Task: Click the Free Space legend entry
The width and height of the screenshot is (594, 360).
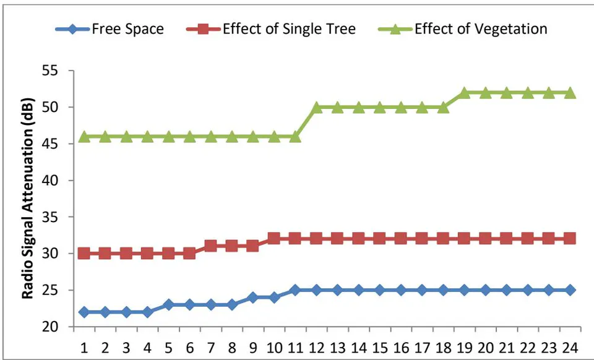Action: [x=110, y=29]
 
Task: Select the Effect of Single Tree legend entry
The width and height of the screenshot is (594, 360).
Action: [x=271, y=29]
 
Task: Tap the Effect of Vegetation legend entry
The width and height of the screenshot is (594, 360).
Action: [x=463, y=29]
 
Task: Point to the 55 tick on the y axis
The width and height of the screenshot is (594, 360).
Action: [x=49, y=71]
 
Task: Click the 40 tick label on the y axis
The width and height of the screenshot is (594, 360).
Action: [x=49, y=181]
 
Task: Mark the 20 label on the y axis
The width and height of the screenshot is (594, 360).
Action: [x=49, y=327]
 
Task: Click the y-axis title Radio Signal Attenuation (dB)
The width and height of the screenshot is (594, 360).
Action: [x=28, y=199]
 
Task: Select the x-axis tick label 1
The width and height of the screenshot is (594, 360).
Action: [x=84, y=348]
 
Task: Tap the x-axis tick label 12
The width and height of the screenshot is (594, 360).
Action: [x=316, y=348]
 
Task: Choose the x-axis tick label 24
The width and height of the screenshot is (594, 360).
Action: [x=570, y=348]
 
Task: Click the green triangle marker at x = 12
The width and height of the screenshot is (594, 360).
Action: [x=316, y=107]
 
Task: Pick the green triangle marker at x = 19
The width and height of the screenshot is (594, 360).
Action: [x=464, y=93]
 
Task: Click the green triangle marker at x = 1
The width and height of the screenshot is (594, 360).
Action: [x=84, y=137]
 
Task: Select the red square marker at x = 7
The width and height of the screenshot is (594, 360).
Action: [x=211, y=246]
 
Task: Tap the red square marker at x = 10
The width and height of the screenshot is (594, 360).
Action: [x=274, y=239]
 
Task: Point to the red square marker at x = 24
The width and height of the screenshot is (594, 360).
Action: [x=570, y=239]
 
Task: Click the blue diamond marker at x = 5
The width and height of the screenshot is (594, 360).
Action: [x=168, y=305]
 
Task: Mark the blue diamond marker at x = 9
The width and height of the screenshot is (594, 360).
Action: [x=253, y=298]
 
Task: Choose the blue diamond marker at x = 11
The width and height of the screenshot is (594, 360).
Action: [x=296, y=290]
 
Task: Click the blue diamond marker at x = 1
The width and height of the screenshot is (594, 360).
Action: [x=84, y=312]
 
